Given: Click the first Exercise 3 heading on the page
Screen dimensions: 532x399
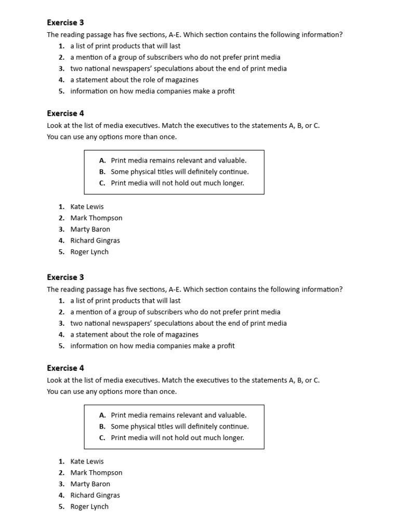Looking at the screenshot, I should [65, 23].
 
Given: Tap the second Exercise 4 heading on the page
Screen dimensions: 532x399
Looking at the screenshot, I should [65, 368].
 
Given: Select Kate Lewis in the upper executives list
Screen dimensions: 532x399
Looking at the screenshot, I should [87, 207].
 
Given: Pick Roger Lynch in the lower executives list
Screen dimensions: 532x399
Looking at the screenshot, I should [89, 507].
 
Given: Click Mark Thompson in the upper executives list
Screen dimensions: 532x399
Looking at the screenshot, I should [96, 218].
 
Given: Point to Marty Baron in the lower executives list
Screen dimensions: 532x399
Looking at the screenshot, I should [90, 484].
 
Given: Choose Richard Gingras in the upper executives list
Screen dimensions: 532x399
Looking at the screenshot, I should [95, 241].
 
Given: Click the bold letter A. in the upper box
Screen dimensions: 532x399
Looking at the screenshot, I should [102, 161].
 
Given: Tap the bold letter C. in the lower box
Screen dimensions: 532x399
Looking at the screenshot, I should [102, 438].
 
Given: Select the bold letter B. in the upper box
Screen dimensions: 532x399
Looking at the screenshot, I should [102, 172].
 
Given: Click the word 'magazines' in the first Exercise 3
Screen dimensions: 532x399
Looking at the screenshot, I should [182, 80].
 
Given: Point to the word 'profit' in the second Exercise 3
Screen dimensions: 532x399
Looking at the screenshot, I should [225, 346].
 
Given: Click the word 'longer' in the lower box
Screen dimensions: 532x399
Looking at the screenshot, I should [232, 438].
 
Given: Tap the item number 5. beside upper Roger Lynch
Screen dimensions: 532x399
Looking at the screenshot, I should [61, 252].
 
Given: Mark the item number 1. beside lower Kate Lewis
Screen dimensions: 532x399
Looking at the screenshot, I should [61, 461].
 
